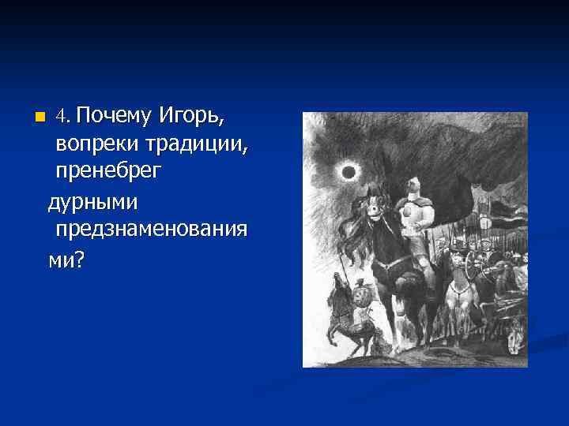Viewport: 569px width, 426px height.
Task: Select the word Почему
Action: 112,118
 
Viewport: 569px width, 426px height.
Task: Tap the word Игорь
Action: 192,118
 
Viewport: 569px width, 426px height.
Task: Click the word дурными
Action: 92,202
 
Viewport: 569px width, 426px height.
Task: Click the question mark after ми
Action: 77,259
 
